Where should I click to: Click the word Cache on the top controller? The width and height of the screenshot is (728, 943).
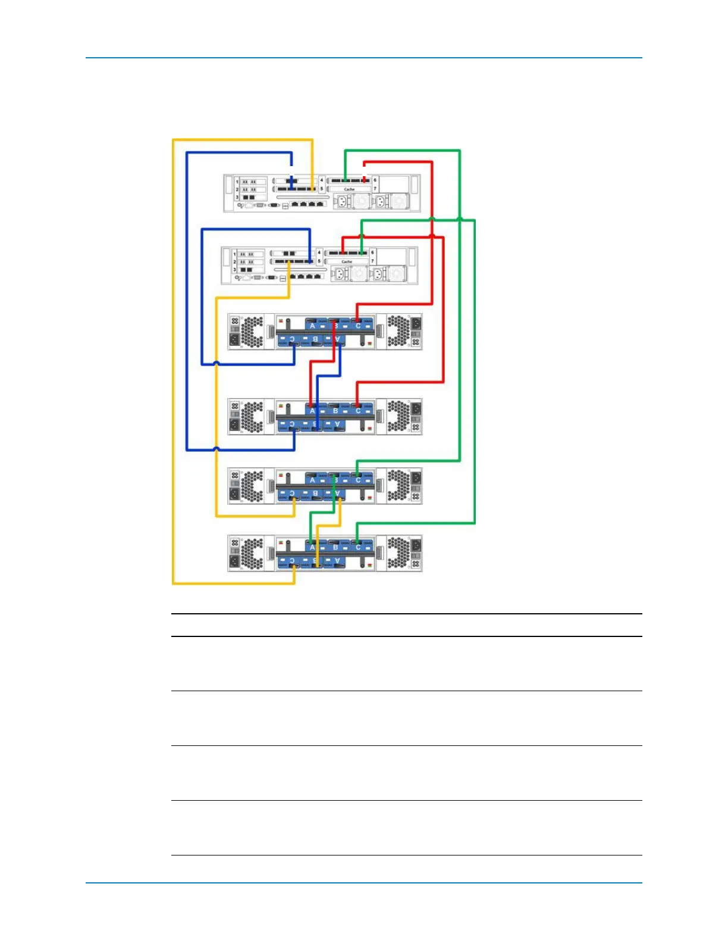[x=349, y=189]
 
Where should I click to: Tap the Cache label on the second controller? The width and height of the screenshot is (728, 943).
[x=347, y=262]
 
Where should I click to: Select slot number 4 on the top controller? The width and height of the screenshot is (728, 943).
[x=322, y=180]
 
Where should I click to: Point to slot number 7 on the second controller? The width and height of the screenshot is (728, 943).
[x=373, y=261]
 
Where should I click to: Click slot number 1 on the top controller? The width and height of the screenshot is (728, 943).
[x=237, y=182]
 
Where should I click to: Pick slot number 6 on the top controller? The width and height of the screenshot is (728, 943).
[x=375, y=180]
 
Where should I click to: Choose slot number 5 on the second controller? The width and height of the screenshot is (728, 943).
[x=319, y=261]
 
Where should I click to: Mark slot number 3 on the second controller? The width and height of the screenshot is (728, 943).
[x=234, y=270]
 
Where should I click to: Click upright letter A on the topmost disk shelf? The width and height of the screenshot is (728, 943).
[x=312, y=326]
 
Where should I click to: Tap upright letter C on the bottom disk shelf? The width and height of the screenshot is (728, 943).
[x=358, y=547]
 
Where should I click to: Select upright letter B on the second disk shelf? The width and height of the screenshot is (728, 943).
[x=335, y=411]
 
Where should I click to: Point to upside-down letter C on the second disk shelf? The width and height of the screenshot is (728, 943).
[x=291, y=424]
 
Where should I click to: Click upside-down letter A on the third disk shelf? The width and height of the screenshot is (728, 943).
[x=337, y=494]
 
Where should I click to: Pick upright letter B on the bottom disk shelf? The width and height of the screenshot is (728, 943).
[x=335, y=547]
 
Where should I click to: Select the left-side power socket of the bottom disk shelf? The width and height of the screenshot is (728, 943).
[x=235, y=561]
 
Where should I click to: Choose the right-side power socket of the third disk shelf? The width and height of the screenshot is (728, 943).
[x=416, y=478]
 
